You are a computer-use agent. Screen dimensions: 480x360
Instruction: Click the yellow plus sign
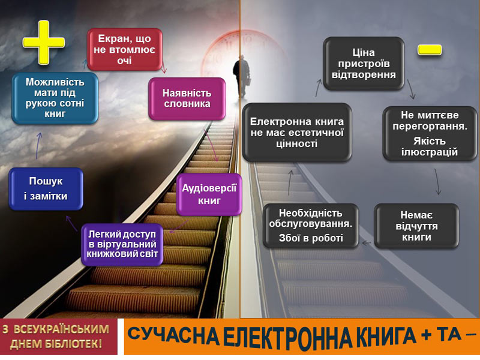click(x=43, y=42)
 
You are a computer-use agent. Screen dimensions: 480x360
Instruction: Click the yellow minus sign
click(x=430, y=50)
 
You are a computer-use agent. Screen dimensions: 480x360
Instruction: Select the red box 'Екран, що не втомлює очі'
click(x=125, y=49)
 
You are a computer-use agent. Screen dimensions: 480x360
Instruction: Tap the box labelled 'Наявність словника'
click(x=187, y=98)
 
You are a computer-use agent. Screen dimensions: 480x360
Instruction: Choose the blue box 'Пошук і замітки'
click(x=46, y=188)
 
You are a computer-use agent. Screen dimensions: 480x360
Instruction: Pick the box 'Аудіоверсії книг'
click(x=209, y=194)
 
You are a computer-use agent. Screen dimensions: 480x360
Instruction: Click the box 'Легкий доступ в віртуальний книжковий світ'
click(x=122, y=244)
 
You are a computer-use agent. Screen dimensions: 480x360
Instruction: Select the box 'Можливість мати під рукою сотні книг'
click(x=55, y=98)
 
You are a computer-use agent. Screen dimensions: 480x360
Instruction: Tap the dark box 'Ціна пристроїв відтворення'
click(x=364, y=64)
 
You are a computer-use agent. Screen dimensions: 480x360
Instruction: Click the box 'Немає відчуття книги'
click(x=416, y=226)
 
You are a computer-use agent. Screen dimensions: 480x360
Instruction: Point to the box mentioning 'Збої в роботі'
click(x=311, y=226)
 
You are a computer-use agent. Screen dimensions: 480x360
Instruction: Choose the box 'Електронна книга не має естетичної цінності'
click(x=296, y=133)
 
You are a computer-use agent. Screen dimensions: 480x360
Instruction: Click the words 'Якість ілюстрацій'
click(x=430, y=146)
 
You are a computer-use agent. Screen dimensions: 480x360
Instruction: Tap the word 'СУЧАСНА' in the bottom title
click(x=173, y=336)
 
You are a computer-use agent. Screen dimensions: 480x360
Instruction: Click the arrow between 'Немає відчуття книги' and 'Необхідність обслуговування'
click(x=367, y=244)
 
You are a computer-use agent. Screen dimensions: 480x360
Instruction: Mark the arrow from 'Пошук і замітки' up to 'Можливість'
click(x=38, y=146)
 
